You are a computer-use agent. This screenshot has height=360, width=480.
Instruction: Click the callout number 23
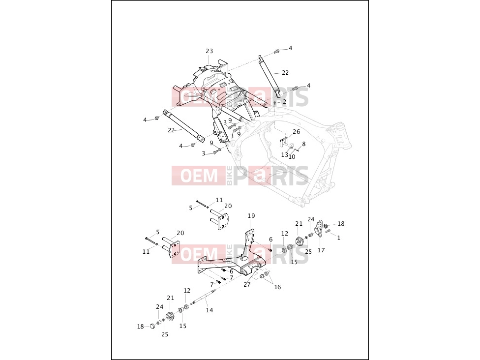pos(209,51)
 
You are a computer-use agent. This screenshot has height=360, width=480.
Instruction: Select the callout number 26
pos(297,132)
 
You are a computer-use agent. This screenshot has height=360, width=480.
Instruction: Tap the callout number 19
pos(251,216)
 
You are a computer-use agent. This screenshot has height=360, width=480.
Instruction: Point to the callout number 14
pos(210,310)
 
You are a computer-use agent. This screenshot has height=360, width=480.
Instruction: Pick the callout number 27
pos(247,284)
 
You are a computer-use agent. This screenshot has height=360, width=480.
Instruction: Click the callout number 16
pos(277,287)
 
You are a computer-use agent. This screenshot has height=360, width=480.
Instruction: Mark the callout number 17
pos(321,250)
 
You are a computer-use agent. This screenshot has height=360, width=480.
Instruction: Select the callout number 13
pos(285,154)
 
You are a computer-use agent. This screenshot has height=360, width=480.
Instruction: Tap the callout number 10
pos(292,157)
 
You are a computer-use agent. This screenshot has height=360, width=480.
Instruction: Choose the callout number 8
pos(303,144)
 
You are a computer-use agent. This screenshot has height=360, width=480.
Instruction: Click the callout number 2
pos(284,102)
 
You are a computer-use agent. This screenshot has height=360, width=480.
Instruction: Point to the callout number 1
pos(338,238)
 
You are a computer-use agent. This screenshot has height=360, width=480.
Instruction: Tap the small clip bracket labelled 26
pos(285,142)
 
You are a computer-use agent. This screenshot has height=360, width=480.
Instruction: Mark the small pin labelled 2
pos(275,103)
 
